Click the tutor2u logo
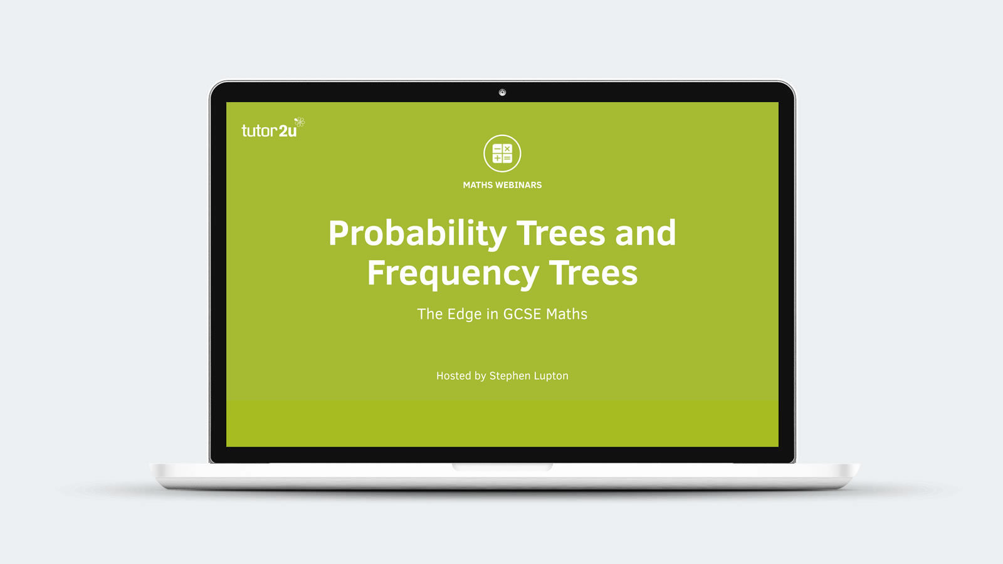[x=273, y=128]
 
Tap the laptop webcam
[x=502, y=93]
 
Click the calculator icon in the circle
[x=502, y=154]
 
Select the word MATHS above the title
[x=478, y=185]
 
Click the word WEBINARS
[x=518, y=185]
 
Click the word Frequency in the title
[x=453, y=273]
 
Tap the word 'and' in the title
[x=645, y=233]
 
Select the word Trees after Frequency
[x=593, y=273]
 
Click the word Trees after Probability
[x=560, y=233]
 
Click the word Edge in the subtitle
[x=465, y=315]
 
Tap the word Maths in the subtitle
[x=567, y=314]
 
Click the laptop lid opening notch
[x=502, y=467]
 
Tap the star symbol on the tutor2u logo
[x=300, y=122]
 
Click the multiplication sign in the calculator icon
[x=507, y=149]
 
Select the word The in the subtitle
[x=430, y=314]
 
